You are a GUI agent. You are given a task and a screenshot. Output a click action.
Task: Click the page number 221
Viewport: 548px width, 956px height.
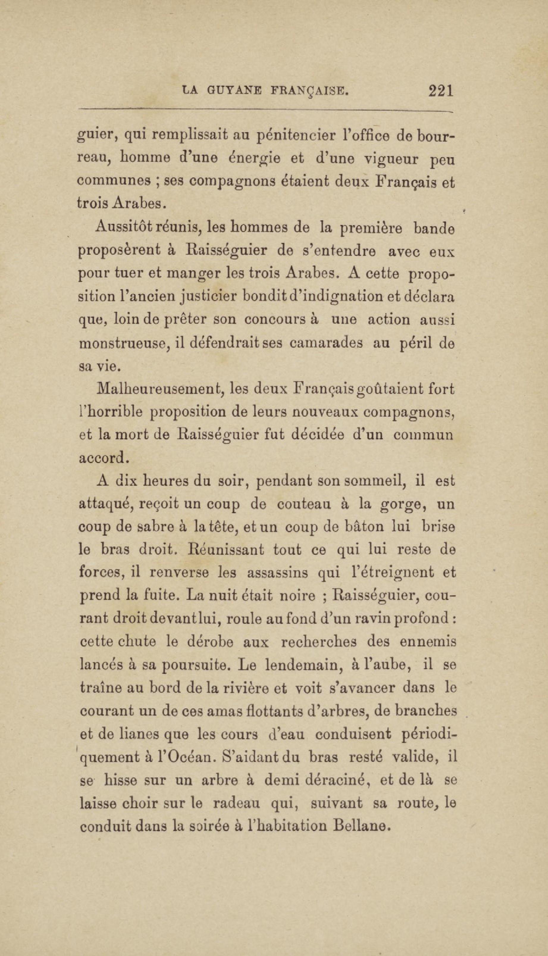(440, 91)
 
